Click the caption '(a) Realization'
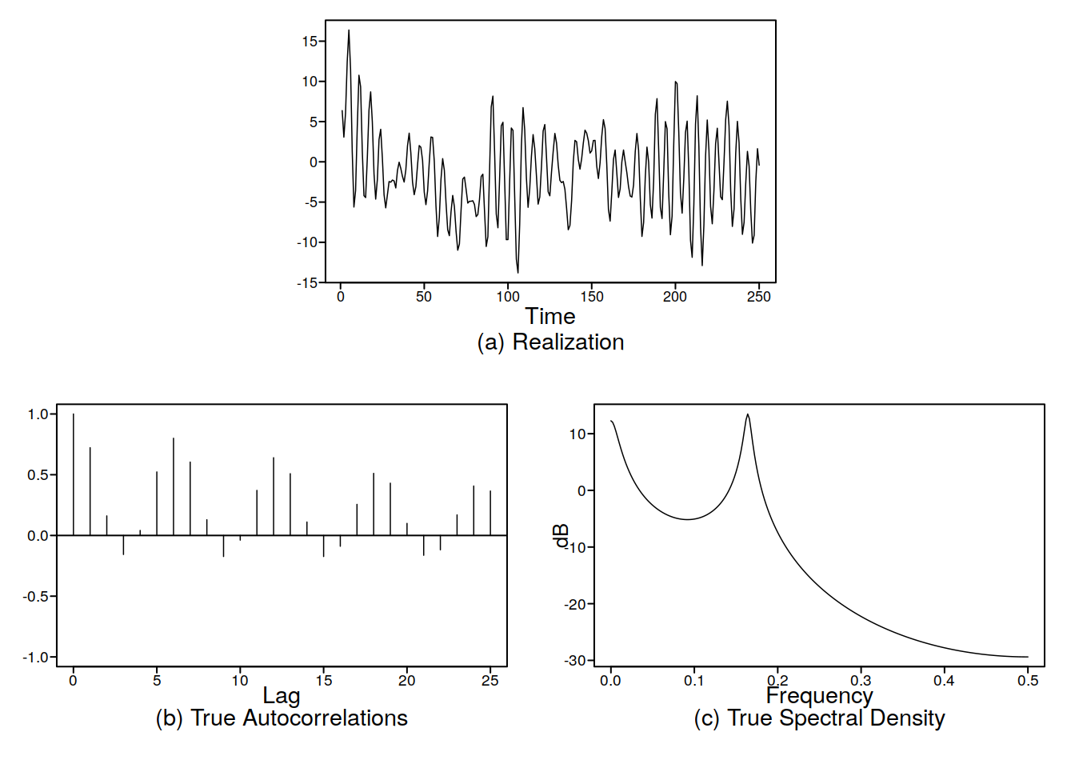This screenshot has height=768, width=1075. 550,342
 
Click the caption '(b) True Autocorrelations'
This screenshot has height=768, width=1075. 282,718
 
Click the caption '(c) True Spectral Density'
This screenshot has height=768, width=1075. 819,718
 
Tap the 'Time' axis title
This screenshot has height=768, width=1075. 550,316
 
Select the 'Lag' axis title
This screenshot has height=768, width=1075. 282,695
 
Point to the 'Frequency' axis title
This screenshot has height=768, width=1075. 819,695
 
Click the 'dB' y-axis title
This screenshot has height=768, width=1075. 561,535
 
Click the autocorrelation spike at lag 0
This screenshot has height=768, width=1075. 73,474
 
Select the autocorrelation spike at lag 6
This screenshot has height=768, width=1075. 174,486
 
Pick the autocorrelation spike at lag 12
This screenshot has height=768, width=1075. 274,496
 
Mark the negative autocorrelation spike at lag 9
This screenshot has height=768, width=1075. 223,546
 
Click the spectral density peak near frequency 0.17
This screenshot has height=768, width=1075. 748,415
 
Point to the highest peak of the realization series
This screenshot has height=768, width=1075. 349,31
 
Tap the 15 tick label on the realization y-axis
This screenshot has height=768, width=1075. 310,42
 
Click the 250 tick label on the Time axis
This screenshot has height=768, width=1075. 758,297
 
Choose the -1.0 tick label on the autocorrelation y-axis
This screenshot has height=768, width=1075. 37,658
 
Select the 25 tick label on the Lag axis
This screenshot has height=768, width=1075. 490,681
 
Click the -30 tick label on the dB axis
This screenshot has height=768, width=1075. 575,661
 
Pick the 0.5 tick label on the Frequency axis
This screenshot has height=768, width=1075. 1028,681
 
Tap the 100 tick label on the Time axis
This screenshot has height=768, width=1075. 508,297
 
